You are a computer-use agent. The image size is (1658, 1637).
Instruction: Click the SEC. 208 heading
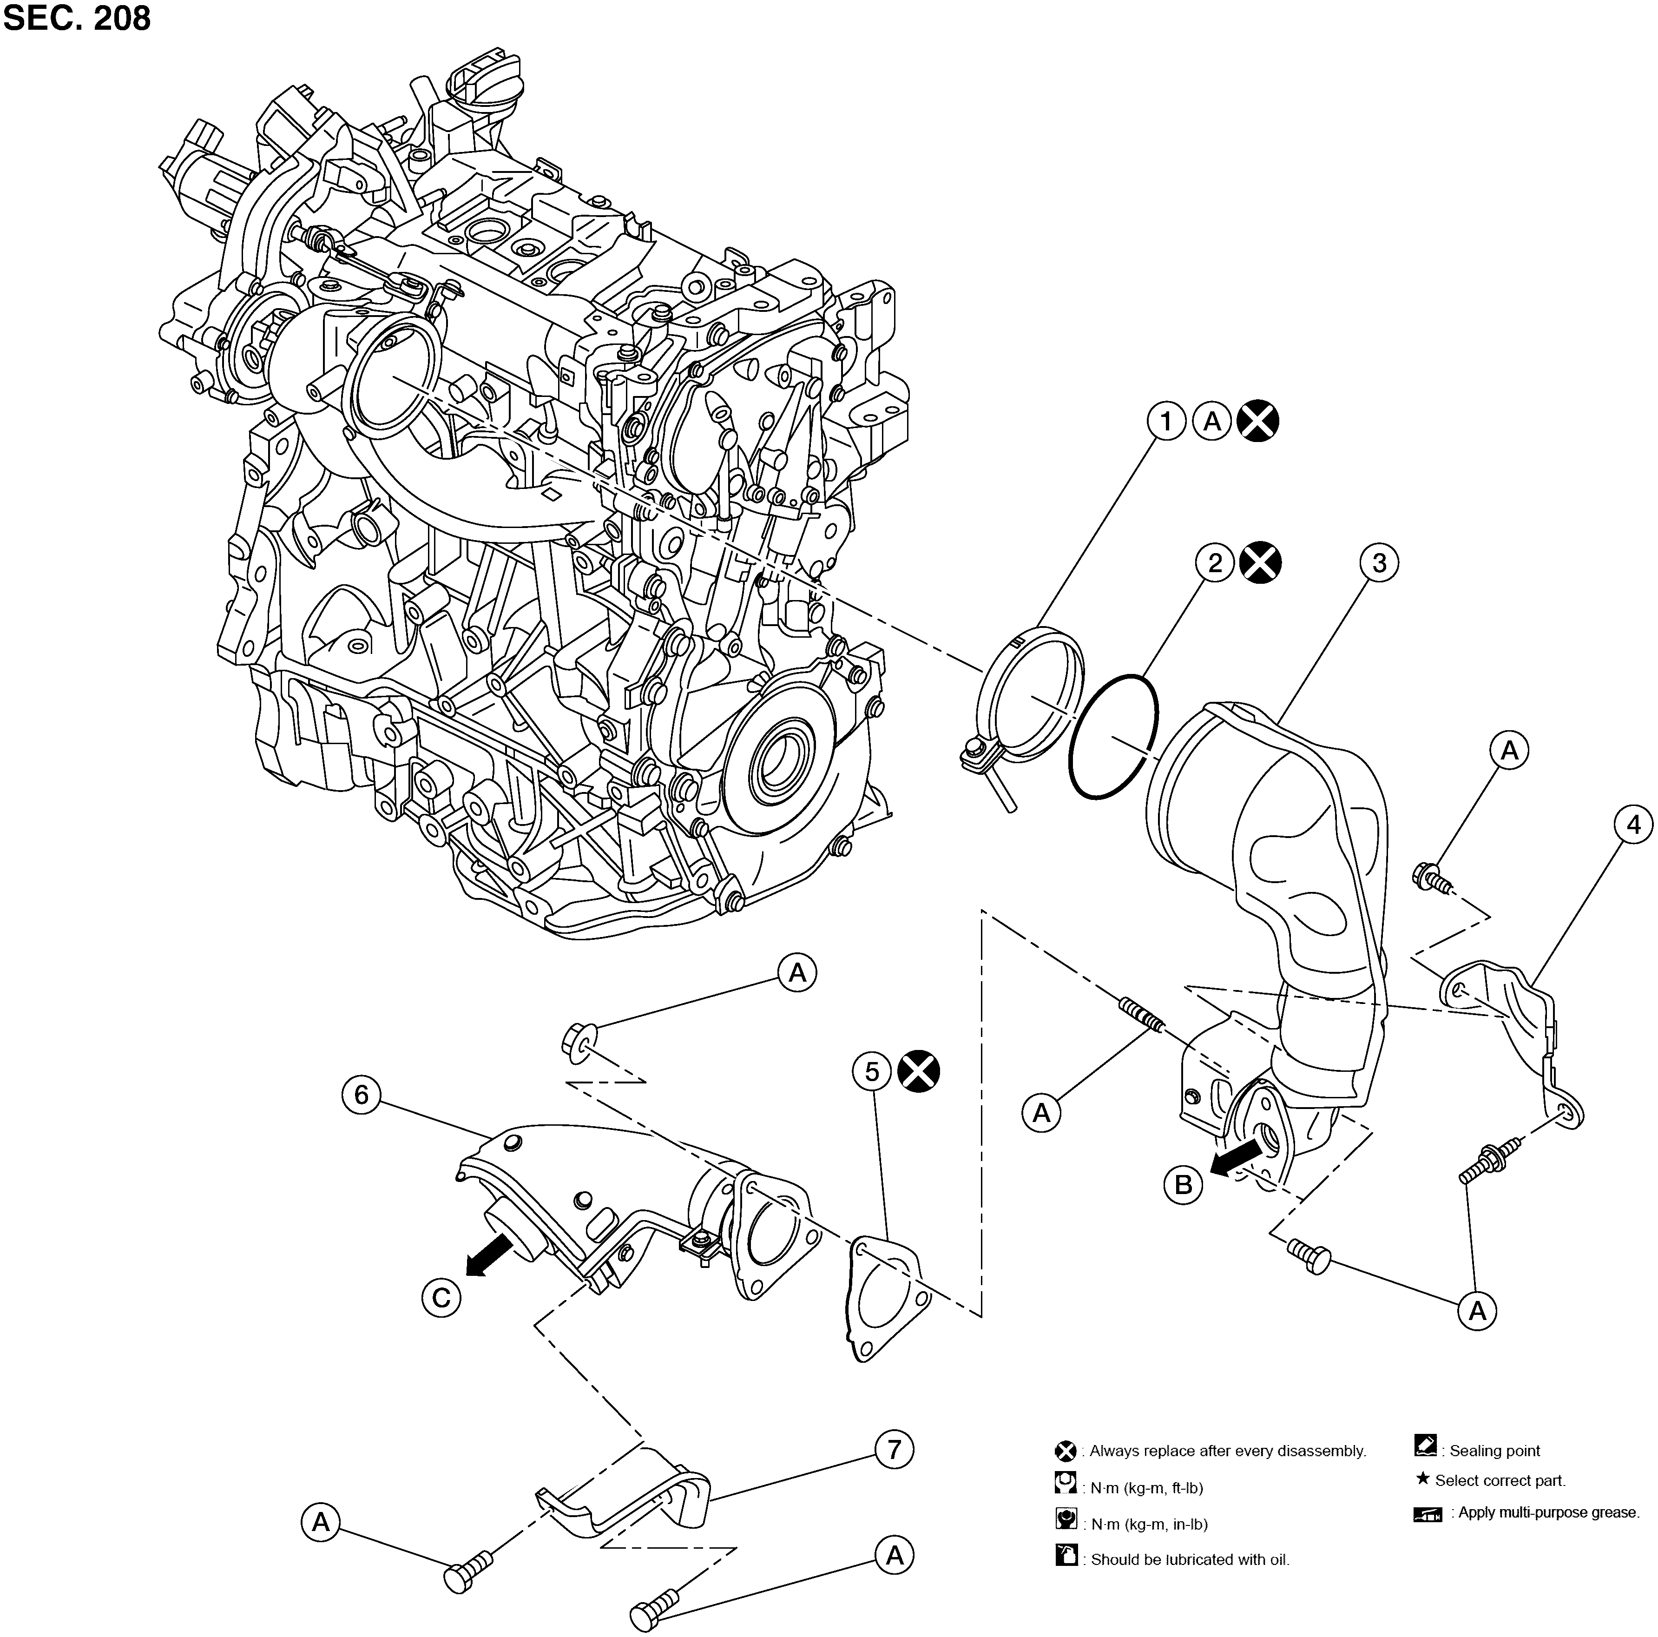coord(77,18)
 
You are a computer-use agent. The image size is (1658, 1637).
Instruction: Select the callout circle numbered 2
coord(1215,563)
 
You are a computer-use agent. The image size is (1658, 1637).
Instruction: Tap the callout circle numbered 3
coord(1379,563)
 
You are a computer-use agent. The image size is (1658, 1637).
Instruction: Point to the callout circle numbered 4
coord(1633,825)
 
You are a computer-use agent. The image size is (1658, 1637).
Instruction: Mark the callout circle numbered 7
coord(894,1450)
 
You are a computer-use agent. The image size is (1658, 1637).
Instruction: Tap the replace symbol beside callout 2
coord(1261,563)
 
